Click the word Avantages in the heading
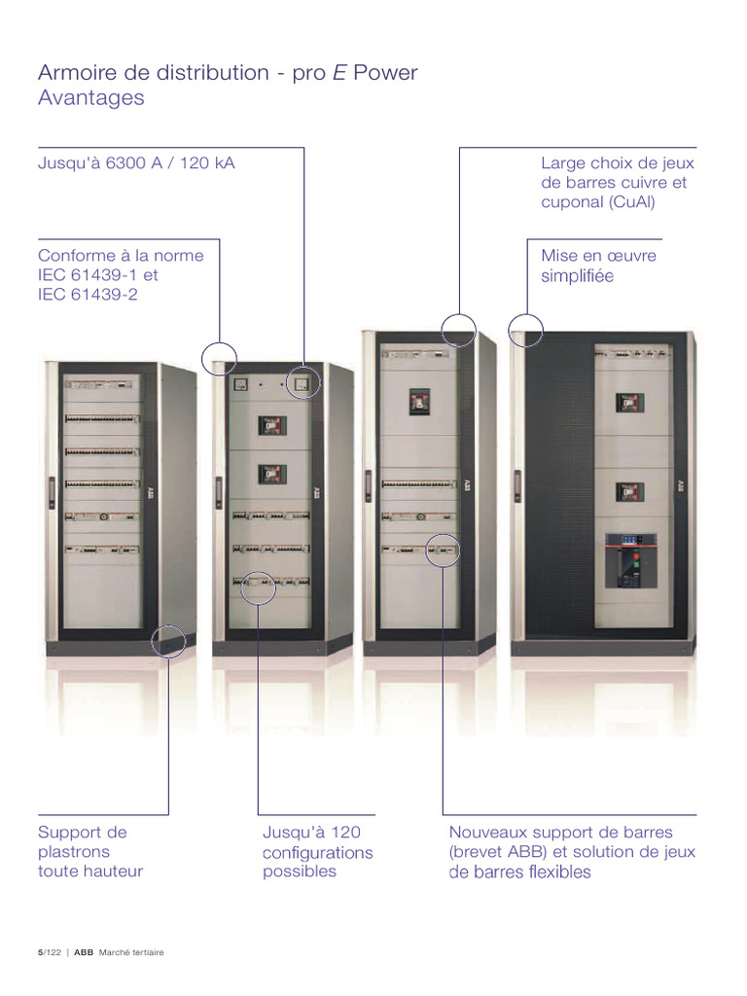pos(90,98)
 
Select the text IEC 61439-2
pos(88,294)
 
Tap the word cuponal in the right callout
pos(571,202)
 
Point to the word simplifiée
pos(578,276)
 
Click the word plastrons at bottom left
pos(74,852)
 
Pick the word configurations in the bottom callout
pos(317,853)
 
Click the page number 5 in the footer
pos(40,953)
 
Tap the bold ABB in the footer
pos(84,953)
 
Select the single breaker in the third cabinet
pos(418,399)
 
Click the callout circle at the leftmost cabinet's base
pos(169,641)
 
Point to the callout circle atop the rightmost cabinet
pos(526,329)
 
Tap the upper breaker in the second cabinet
pos(270,425)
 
